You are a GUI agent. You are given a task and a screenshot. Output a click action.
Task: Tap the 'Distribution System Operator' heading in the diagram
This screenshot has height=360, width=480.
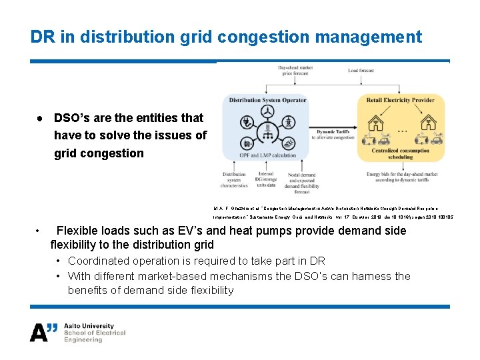[267, 100]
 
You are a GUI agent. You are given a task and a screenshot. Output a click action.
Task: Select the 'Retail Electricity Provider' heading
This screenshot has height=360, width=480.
[400, 100]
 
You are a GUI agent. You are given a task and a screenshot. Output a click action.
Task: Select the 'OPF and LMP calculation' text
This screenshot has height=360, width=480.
[267, 155]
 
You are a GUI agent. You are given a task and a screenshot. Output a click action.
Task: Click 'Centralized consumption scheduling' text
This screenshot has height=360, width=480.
[400, 155]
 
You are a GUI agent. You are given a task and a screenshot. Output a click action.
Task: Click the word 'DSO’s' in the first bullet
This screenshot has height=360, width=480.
[73, 118]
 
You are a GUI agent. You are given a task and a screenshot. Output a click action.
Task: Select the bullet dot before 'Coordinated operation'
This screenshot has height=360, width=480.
[60, 261]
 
